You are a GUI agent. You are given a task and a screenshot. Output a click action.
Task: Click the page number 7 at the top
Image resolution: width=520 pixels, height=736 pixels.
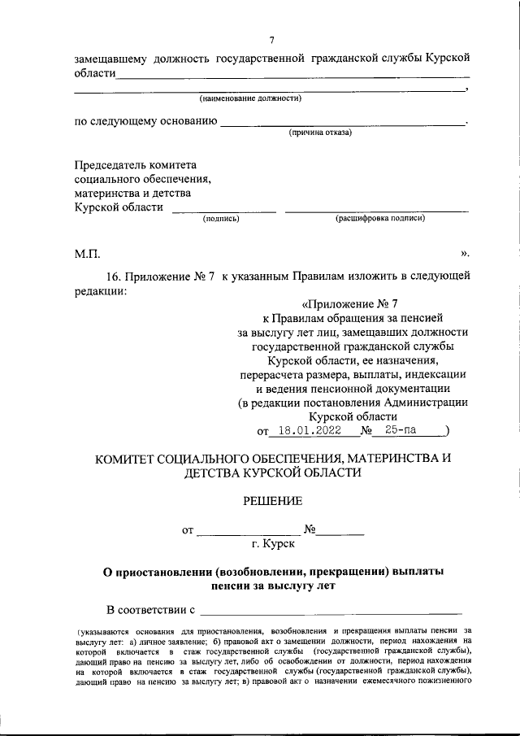coord(271,40)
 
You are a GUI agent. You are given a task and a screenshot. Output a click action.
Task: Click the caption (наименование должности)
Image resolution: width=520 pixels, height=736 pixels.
coord(251,98)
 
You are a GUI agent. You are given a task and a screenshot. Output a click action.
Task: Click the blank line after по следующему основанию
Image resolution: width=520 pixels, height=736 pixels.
coord(342,124)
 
